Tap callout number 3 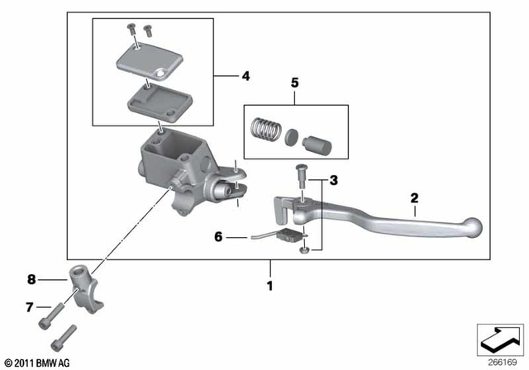[334, 179]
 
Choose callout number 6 [219, 237]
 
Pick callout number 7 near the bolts [29, 306]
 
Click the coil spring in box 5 [263, 130]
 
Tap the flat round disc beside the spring [292, 138]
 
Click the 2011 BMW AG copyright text [37, 363]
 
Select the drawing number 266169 [498, 362]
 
